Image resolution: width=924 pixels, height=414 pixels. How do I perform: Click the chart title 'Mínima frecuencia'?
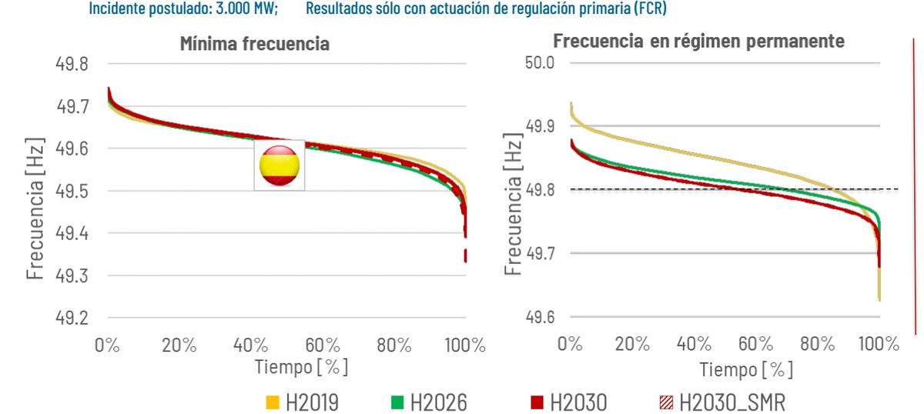pyautogui.click(x=254, y=43)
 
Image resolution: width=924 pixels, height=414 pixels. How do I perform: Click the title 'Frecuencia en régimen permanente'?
pyautogui.click(x=698, y=41)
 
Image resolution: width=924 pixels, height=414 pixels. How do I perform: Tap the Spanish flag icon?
pyautogui.click(x=280, y=165)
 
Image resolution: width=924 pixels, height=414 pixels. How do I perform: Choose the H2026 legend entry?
pyautogui.click(x=427, y=402)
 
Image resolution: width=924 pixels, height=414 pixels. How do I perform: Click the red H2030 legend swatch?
pyautogui.click(x=537, y=402)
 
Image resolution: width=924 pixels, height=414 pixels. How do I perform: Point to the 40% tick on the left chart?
pyautogui.click(x=250, y=345)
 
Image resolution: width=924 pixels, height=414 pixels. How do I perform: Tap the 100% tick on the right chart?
pyautogui.click(x=877, y=344)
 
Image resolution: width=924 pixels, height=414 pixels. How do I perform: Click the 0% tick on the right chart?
pyautogui.click(x=570, y=344)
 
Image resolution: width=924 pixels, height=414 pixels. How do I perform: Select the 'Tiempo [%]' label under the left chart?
pyautogui.click(x=301, y=367)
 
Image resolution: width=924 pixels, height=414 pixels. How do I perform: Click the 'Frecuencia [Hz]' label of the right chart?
pyautogui.click(x=514, y=207)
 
